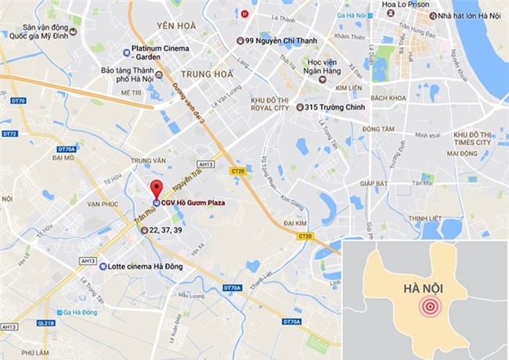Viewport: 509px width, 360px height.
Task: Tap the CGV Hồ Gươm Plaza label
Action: pos(193,203)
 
